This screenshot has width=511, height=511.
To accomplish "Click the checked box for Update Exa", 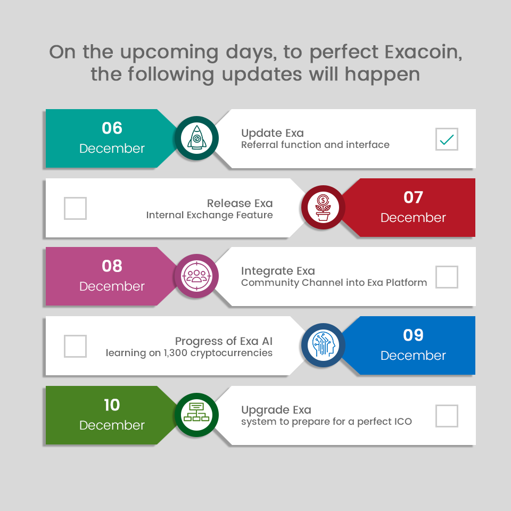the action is [447, 139].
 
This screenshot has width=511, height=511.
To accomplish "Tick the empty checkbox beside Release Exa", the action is [75, 208].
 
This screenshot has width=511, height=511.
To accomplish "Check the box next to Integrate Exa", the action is [447, 277].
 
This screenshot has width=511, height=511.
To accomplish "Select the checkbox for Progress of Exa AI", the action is [75, 346].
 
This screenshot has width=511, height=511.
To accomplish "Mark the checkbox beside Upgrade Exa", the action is [447, 416].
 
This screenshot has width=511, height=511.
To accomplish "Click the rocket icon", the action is [196, 138].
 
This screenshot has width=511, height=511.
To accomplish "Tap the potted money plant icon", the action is [323, 208].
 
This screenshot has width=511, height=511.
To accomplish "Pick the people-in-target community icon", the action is [196, 276].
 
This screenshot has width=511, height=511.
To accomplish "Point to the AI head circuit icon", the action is [323, 345].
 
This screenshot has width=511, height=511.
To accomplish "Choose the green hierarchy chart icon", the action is [196, 412].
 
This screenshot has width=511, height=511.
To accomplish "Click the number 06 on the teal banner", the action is [112, 128].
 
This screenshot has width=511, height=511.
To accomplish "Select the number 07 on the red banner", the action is [413, 197].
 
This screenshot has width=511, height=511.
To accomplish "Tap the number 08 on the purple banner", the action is [112, 266].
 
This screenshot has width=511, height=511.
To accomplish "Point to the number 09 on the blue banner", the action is [413, 335].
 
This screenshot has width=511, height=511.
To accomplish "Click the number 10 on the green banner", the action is [112, 405].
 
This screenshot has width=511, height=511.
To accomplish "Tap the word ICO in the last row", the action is [403, 422].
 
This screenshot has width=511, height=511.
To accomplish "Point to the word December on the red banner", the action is [413, 218].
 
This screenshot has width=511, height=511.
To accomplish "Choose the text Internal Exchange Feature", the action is [209, 215].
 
